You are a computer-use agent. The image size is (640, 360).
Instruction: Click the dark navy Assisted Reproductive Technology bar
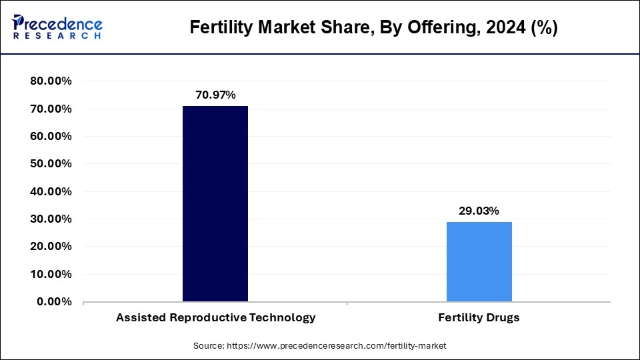pos(215,203)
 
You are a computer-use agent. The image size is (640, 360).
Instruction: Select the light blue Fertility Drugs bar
pos(479,261)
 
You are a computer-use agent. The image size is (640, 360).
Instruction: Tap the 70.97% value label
pos(215,95)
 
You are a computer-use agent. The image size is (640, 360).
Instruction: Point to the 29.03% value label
pos(479,211)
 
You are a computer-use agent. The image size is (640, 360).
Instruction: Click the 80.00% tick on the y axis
pos(51,81)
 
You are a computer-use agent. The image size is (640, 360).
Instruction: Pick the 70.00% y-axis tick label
pos(51,109)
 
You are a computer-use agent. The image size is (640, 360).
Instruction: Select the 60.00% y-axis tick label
pos(51,136)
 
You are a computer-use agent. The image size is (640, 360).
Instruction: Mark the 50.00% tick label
pos(51,164)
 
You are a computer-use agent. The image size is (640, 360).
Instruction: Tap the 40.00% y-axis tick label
pos(51,191)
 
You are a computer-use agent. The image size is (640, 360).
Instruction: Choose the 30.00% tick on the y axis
pos(51,219)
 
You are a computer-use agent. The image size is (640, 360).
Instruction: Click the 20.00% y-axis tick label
pos(51,247)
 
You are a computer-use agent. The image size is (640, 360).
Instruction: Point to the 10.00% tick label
pos(51,274)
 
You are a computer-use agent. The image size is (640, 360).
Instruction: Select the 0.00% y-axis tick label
pos(54,301)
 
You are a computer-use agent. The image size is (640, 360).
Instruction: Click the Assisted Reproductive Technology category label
pos(215,318)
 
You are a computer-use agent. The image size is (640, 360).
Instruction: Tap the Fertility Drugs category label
pos(479,318)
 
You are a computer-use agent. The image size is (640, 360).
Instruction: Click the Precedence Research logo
pos(57,27)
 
